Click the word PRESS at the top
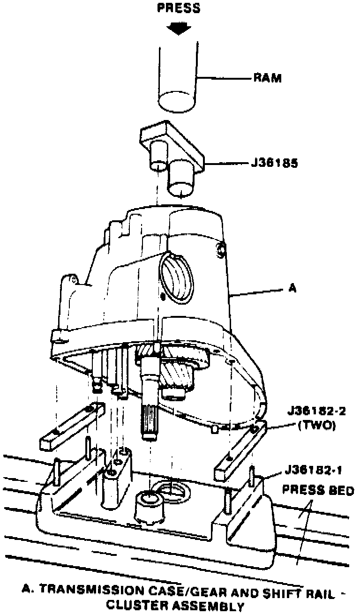click(178, 8)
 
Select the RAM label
click(268, 78)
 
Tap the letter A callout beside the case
click(291, 289)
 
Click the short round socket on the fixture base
click(149, 506)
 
